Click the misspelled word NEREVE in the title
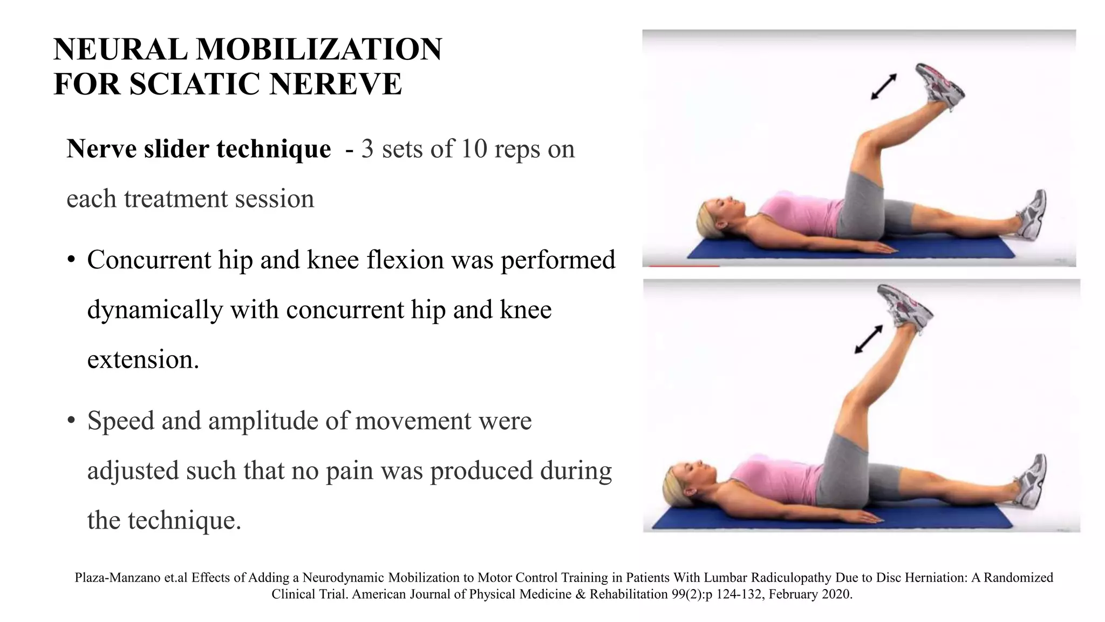[x=335, y=84]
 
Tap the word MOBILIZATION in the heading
[x=318, y=49]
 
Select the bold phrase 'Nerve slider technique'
[x=199, y=149]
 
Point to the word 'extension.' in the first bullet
[x=143, y=360]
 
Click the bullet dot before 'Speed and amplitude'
[x=71, y=421]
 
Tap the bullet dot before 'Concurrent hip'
[x=71, y=261]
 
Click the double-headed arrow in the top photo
[x=883, y=87]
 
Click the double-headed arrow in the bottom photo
[x=869, y=339]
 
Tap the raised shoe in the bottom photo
[x=904, y=306]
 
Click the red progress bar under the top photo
[x=684, y=266]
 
